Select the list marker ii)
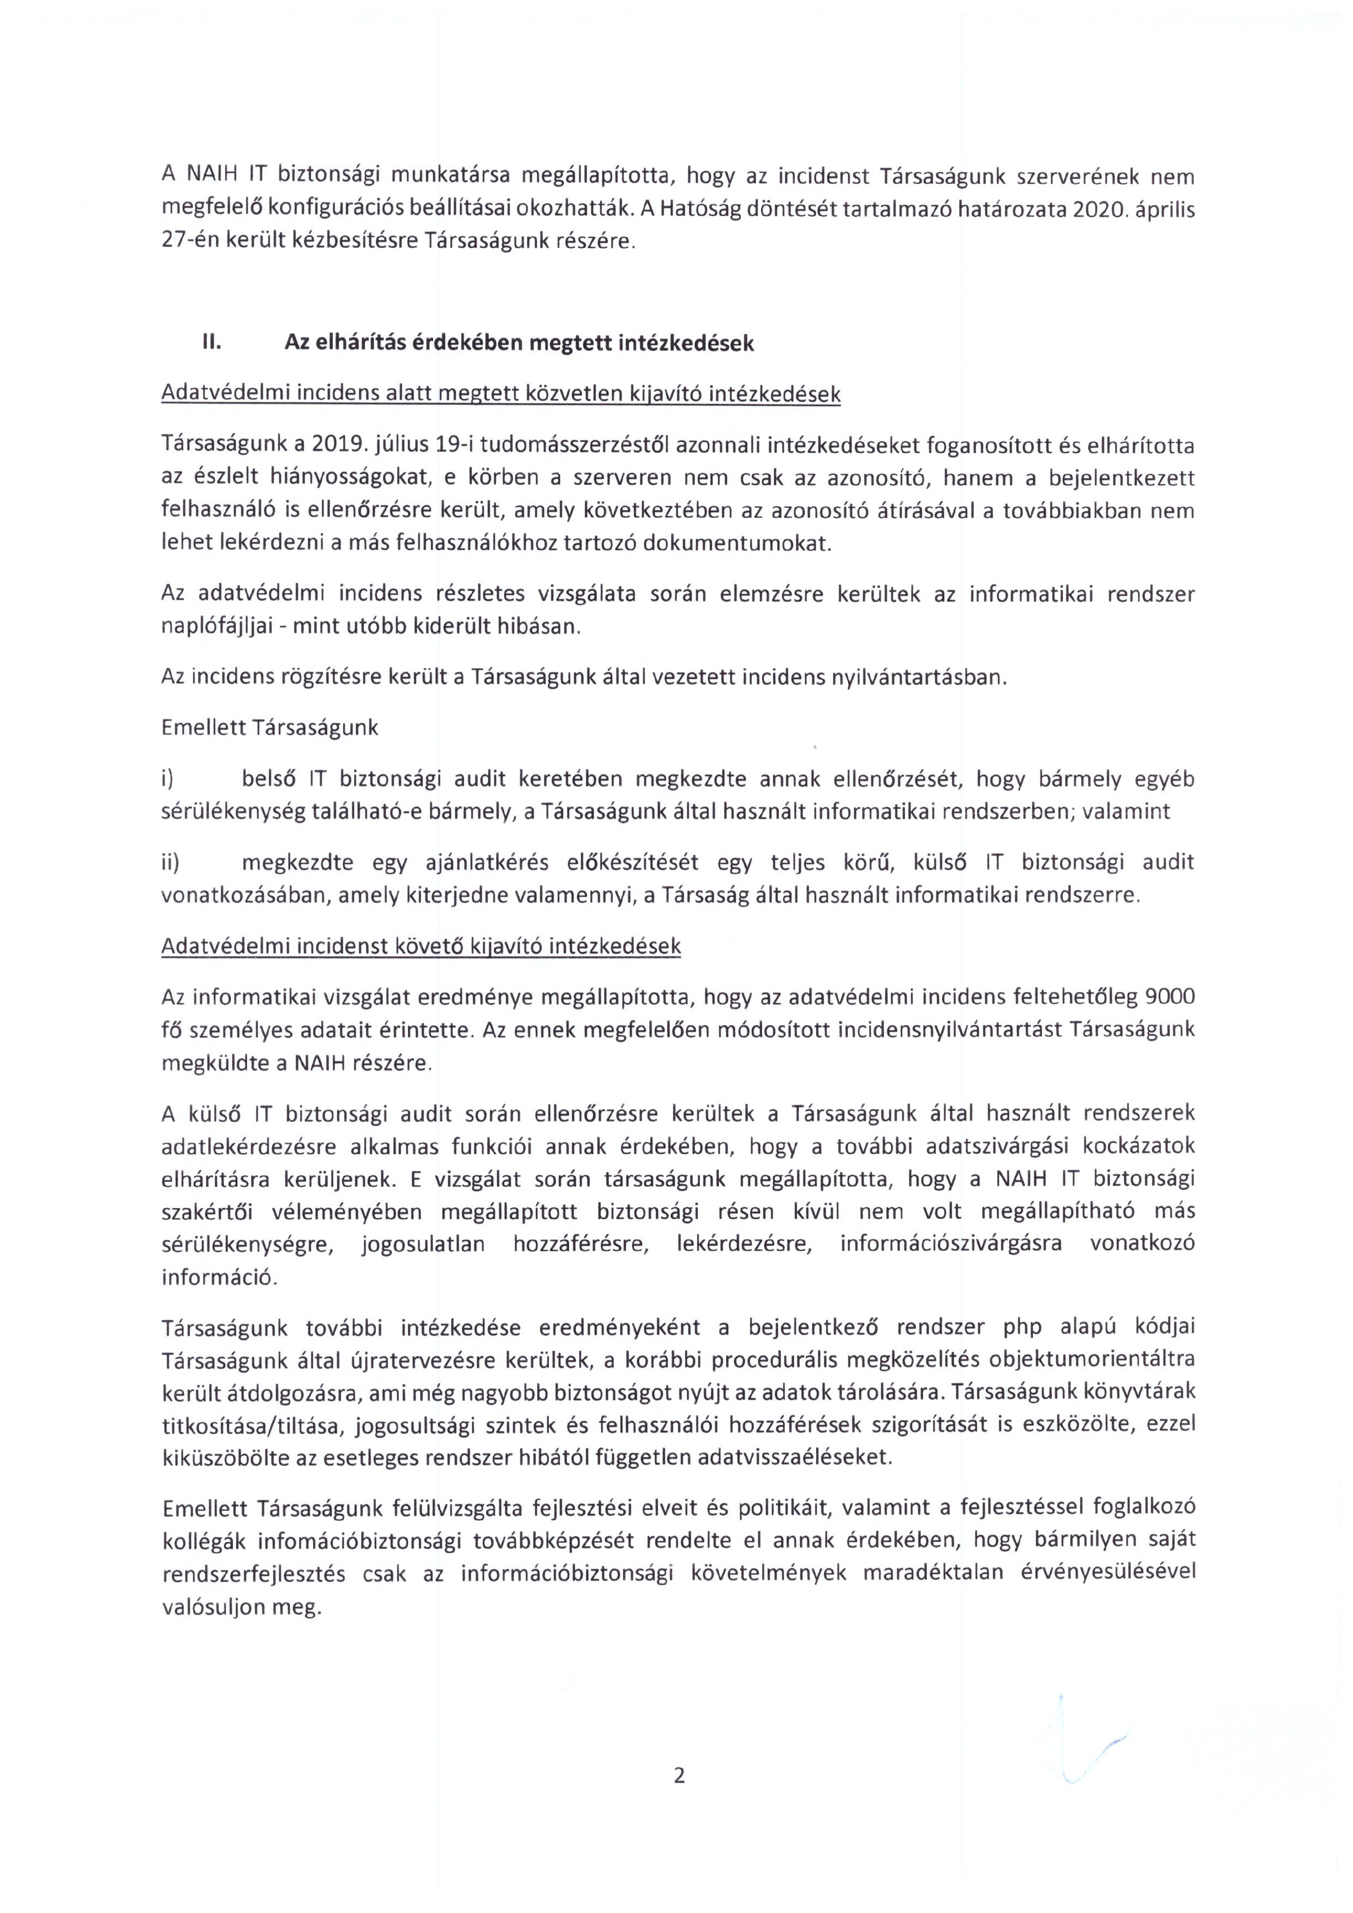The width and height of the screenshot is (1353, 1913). (x=170, y=863)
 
